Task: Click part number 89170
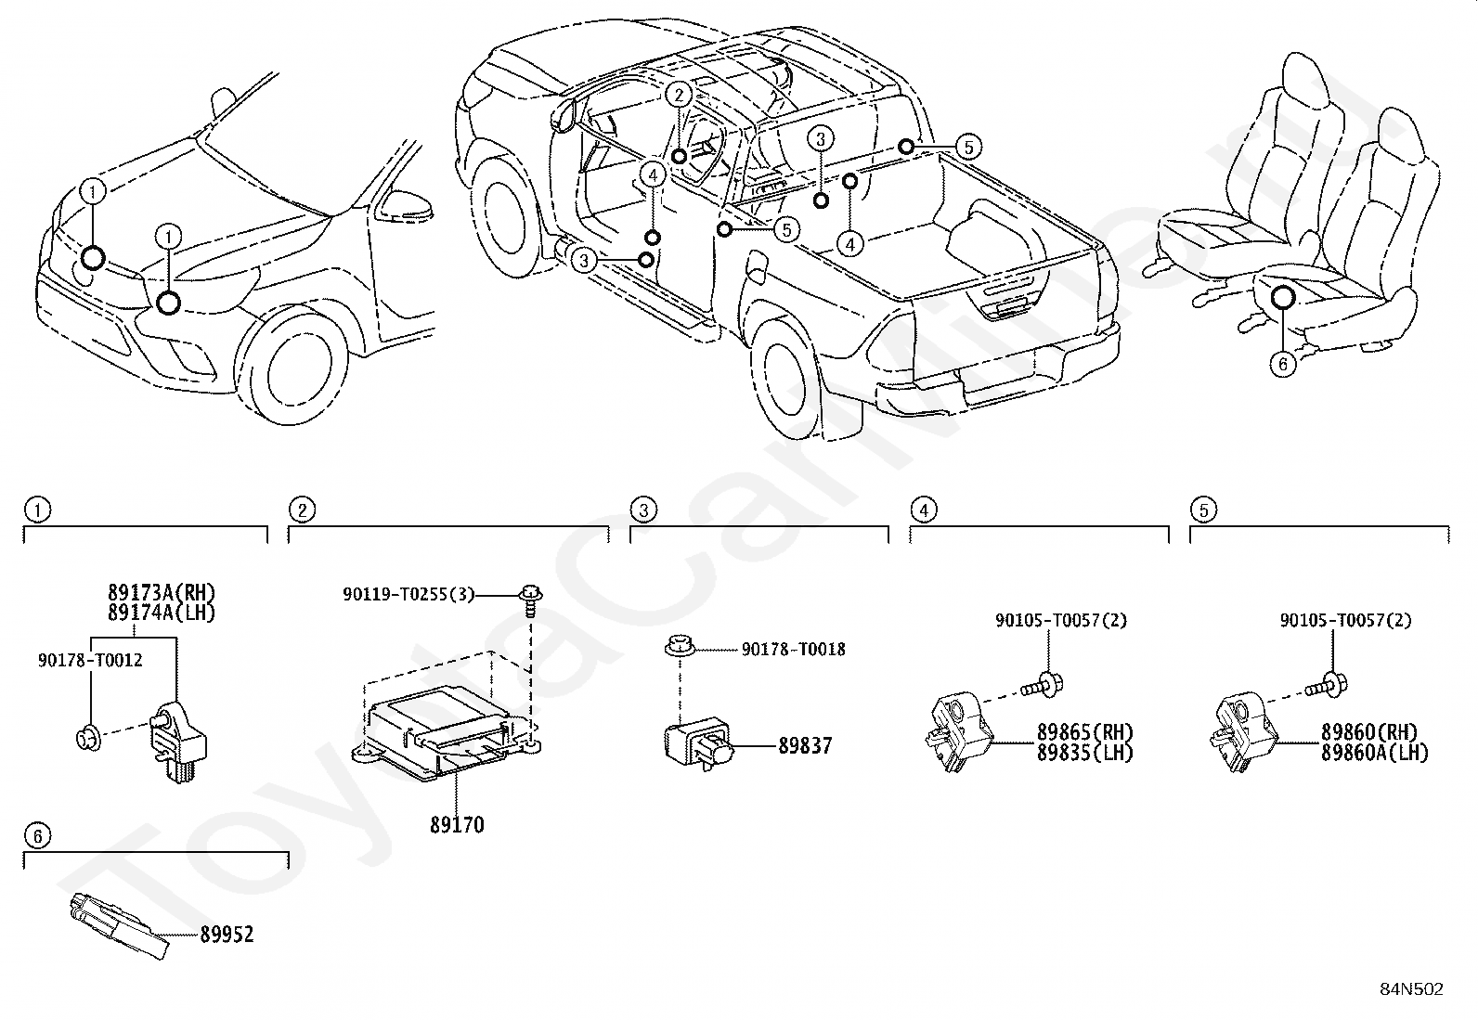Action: pos(457,825)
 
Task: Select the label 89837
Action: pos(805,746)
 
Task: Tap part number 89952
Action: pos(227,935)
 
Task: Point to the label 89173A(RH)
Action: pos(162,592)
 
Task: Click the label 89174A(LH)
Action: pos(162,613)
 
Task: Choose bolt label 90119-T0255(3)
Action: pos(408,594)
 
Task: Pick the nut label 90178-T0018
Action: pos(793,649)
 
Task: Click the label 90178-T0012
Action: pos(90,660)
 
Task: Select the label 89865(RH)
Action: pos(1084,731)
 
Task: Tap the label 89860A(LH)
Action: pos(1374,753)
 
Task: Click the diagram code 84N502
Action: pos(1411,989)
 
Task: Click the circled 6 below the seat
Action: pos(1283,364)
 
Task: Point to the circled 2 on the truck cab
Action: pos(679,95)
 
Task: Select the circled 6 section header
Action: pos(38,836)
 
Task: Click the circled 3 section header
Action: pos(643,510)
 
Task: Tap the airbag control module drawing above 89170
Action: pos(447,733)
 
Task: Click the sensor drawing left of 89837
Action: pos(698,744)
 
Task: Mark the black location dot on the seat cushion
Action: pos(1283,298)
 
